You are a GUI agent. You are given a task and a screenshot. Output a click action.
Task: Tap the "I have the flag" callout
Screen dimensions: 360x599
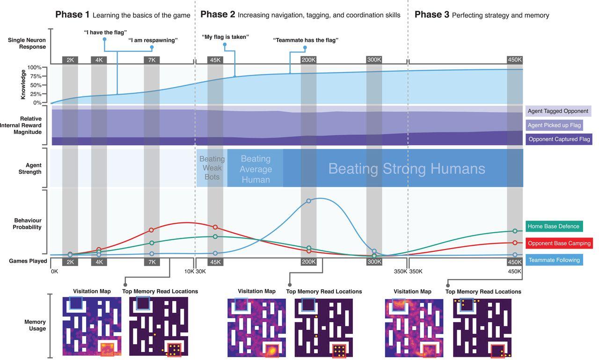105,32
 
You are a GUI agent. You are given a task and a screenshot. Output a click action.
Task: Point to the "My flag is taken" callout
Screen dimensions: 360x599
225,37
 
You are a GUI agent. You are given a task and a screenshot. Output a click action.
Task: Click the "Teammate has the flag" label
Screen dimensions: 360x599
306,40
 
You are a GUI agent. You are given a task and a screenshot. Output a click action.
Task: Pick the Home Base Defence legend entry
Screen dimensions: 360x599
554,227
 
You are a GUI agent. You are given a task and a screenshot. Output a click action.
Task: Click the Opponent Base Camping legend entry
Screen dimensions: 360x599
559,243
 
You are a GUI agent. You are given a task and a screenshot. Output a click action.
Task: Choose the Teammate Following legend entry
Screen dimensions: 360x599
554,260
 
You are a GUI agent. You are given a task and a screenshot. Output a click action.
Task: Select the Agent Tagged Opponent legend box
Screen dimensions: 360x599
558,111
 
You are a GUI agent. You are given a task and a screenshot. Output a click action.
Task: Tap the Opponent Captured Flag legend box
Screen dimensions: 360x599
559,139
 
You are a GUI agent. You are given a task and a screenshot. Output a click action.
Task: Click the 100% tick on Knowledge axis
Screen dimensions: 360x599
35,67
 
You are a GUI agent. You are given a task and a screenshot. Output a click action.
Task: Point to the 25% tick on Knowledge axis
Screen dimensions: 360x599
36,94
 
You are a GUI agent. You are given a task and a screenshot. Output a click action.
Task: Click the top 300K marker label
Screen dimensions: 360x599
374,60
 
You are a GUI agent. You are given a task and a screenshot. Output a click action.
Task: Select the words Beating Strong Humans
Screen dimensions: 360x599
406,169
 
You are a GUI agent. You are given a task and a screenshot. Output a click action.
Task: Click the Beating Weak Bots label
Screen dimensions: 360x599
212,168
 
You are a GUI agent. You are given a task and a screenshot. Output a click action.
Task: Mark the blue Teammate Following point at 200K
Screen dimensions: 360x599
308,201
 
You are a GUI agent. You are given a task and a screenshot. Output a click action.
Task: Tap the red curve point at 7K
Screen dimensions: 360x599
151,230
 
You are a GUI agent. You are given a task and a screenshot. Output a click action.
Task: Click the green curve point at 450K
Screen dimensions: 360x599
515,231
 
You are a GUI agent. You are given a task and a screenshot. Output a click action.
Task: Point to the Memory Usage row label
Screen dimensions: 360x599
35,325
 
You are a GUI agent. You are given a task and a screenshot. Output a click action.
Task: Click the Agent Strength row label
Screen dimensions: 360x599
30,169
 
